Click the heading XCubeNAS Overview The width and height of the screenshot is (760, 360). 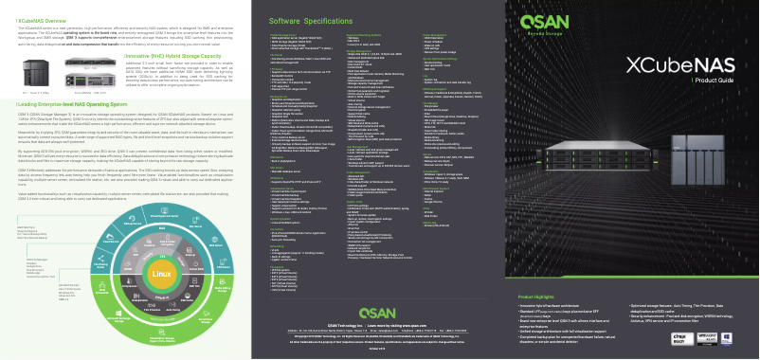pos(39,19)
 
